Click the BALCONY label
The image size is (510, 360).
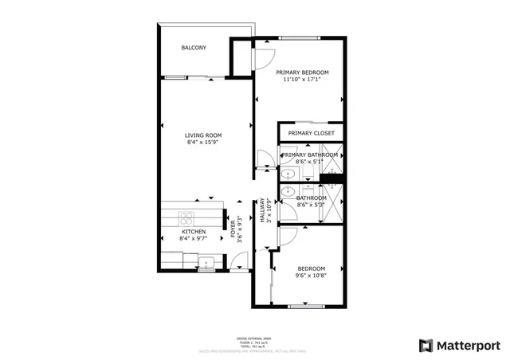pyautogui.click(x=194, y=49)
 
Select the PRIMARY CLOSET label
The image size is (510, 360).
pyautogui.click(x=312, y=133)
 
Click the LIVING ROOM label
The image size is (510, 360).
pyautogui.click(x=204, y=135)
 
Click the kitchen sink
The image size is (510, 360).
pyautogui.click(x=208, y=260)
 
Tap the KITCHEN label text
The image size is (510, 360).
pyautogui.click(x=193, y=232)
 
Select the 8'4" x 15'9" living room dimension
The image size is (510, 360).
pyautogui.click(x=204, y=143)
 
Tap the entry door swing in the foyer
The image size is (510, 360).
pyautogui.click(x=237, y=260)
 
